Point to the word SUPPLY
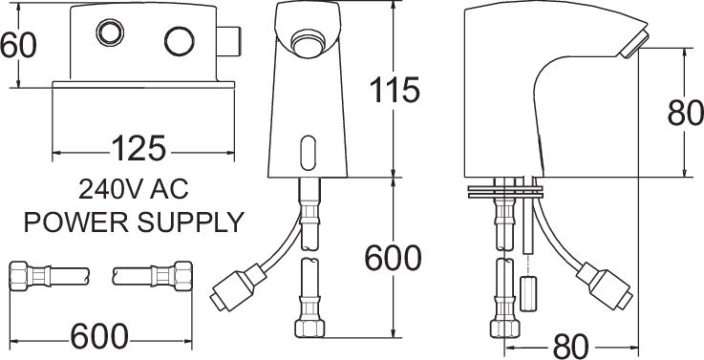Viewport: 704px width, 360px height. [191, 223]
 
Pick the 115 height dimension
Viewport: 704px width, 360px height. [394, 91]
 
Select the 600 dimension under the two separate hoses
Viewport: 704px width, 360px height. [98, 335]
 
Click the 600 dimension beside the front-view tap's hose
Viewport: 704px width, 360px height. [394, 258]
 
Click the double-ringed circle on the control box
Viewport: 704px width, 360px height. [108, 39]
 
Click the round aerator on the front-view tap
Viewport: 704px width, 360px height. [309, 44]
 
